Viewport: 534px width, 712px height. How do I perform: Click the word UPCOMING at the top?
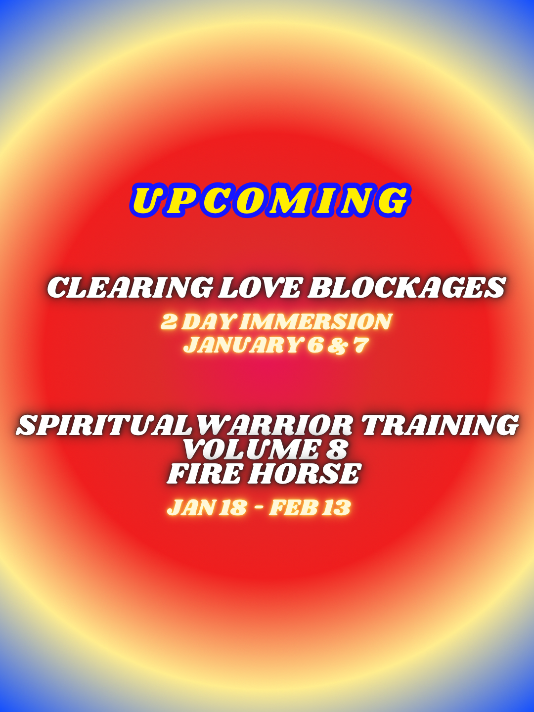click(x=270, y=200)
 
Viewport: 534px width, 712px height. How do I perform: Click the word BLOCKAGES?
click(x=406, y=287)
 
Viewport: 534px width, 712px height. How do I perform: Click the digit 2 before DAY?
click(x=169, y=322)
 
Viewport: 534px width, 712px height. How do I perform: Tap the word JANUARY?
click(x=242, y=345)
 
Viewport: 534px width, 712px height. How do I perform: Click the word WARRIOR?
click(x=271, y=425)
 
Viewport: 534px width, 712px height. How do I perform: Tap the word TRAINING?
click(x=440, y=425)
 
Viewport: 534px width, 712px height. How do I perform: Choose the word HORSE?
click(x=304, y=474)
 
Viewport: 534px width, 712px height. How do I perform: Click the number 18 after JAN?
click(x=232, y=508)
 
